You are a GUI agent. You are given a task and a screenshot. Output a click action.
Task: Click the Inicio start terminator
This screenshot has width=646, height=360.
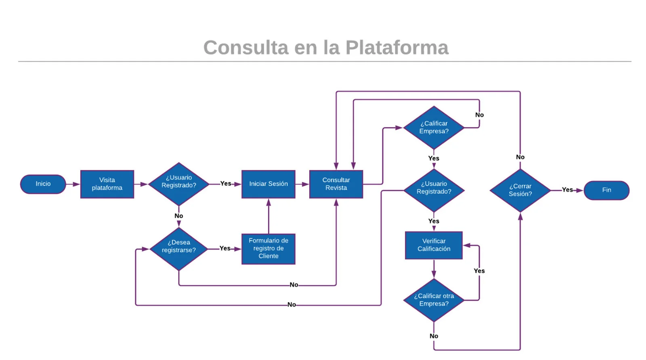[43, 184]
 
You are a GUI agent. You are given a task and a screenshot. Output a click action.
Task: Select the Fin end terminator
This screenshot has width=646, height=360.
[606, 190]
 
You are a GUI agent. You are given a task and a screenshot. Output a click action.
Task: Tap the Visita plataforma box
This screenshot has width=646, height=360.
[107, 184]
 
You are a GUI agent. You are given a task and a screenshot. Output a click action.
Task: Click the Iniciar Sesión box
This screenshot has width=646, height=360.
[268, 184]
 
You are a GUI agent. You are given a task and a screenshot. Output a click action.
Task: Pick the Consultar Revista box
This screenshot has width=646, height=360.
[336, 184]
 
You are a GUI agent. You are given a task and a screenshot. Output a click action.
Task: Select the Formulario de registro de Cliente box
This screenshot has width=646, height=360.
[268, 249]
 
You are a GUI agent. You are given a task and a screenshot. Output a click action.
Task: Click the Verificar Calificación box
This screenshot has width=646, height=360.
[434, 245]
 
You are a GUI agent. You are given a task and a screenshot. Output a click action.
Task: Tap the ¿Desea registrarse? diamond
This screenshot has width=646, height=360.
[178, 247]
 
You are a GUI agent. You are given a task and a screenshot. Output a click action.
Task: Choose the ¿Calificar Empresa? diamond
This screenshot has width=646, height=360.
[434, 128]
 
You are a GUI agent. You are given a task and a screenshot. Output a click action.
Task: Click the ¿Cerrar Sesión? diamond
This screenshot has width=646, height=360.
[520, 190]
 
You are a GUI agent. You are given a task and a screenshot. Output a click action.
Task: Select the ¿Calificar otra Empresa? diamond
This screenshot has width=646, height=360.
[434, 300]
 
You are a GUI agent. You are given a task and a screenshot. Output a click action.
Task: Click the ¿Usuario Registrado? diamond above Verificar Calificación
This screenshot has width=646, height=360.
[434, 188]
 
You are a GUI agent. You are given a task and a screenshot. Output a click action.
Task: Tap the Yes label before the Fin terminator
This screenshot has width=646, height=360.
[567, 190]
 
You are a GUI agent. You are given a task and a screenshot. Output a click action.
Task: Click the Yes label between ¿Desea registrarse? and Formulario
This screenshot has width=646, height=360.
[225, 248]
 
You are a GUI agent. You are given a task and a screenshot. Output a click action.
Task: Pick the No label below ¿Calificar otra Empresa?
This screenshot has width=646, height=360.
[434, 336]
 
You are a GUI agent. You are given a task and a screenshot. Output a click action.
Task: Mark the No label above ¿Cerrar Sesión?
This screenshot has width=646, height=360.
[520, 157]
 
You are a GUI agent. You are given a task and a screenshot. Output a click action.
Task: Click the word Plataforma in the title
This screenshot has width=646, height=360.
[396, 48]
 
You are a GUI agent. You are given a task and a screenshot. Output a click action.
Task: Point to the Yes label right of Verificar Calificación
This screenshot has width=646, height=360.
[479, 271]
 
